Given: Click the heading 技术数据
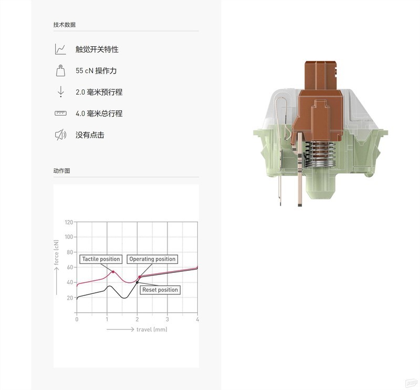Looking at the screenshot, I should click(64, 25).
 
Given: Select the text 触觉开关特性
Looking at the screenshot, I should click(97, 49).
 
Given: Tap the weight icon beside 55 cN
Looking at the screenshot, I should click(60, 70).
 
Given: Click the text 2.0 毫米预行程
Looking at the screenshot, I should click(99, 92).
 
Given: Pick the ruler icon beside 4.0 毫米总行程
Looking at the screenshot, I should click(60, 114).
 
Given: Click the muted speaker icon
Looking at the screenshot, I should click(60, 135).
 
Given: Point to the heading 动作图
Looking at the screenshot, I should click(61, 171).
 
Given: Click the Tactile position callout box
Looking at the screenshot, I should click(101, 259).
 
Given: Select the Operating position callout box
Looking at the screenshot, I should click(152, 259).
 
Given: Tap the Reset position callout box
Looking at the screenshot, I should click(160, 290).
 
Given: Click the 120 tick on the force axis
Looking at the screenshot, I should click(69, 222).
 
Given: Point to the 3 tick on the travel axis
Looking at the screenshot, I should click(167, 319).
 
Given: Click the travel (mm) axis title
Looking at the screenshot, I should click(152, 330).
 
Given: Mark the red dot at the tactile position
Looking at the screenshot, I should click(113, 272).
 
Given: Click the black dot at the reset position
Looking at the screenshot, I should click(138, 282).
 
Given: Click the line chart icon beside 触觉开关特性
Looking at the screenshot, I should click(60, 49).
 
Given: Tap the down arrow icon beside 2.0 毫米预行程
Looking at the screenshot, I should click(60, 92).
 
